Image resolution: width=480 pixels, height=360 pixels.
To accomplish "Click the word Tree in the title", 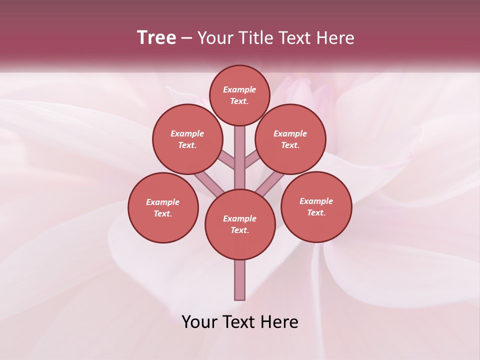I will (x=156, y=38).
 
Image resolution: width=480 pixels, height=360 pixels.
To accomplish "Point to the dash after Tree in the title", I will (x=186, y=38).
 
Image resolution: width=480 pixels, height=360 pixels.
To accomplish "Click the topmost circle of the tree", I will (x=239, y=95).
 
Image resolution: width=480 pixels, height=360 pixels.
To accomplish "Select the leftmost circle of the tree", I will (x=163, y=207).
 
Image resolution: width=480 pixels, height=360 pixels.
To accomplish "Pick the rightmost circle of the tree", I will (x=316, y=206).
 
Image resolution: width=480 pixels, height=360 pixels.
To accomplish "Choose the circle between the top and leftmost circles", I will (x=187, y=139).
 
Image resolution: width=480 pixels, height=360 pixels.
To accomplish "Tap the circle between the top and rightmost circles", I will (x=290, y=139).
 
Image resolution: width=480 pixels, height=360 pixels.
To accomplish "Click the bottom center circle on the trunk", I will (x=240, y=224).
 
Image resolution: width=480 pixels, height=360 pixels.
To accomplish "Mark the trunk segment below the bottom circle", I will (x=240, y=280).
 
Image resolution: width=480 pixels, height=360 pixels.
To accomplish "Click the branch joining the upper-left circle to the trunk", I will (x=226, y=160).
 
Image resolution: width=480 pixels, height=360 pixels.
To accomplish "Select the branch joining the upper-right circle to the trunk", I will (x=252, y=161).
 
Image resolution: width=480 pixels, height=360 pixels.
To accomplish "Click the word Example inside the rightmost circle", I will (x=316, y=201).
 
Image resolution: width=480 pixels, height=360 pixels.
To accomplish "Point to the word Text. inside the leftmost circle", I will (x=163, y=213).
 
